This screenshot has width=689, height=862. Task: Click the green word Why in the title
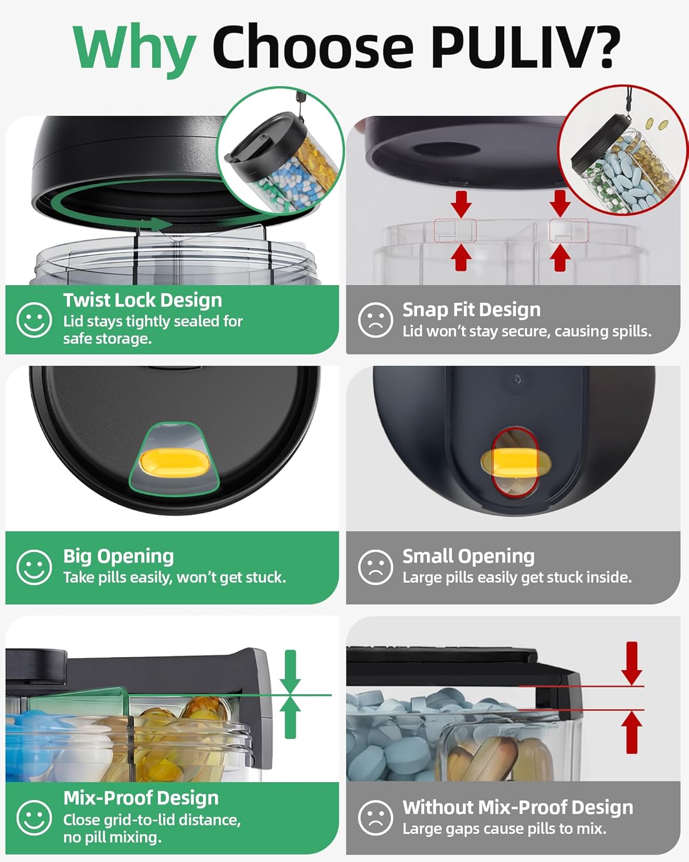point(134,50)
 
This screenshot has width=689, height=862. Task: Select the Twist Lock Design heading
point(142,301)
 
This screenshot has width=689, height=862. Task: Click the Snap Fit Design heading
point(471,310)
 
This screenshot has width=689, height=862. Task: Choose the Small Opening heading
point(469,556)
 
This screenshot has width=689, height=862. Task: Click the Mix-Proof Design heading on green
point(141,798)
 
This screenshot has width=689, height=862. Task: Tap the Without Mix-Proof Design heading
point(518,807)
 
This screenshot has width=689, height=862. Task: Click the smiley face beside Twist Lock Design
point(34,320)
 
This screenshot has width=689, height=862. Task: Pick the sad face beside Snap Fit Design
point(376,320)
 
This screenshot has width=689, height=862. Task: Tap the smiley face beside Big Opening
point(34,567)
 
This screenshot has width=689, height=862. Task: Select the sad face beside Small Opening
point(376,567)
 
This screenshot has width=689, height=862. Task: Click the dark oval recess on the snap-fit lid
point(446,150)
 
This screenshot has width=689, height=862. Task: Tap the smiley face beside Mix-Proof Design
point(34,818)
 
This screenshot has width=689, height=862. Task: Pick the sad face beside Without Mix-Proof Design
point(376,818)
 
